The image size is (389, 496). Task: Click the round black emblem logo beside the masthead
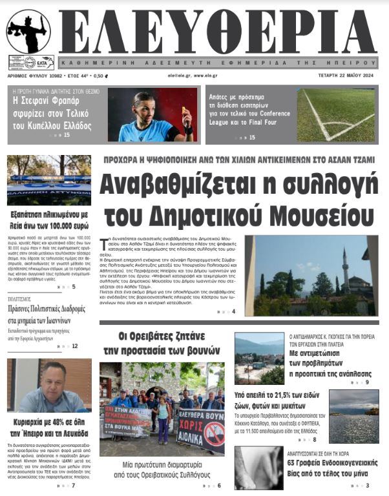coord(28,32)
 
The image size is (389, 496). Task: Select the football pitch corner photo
coord(335,115)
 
